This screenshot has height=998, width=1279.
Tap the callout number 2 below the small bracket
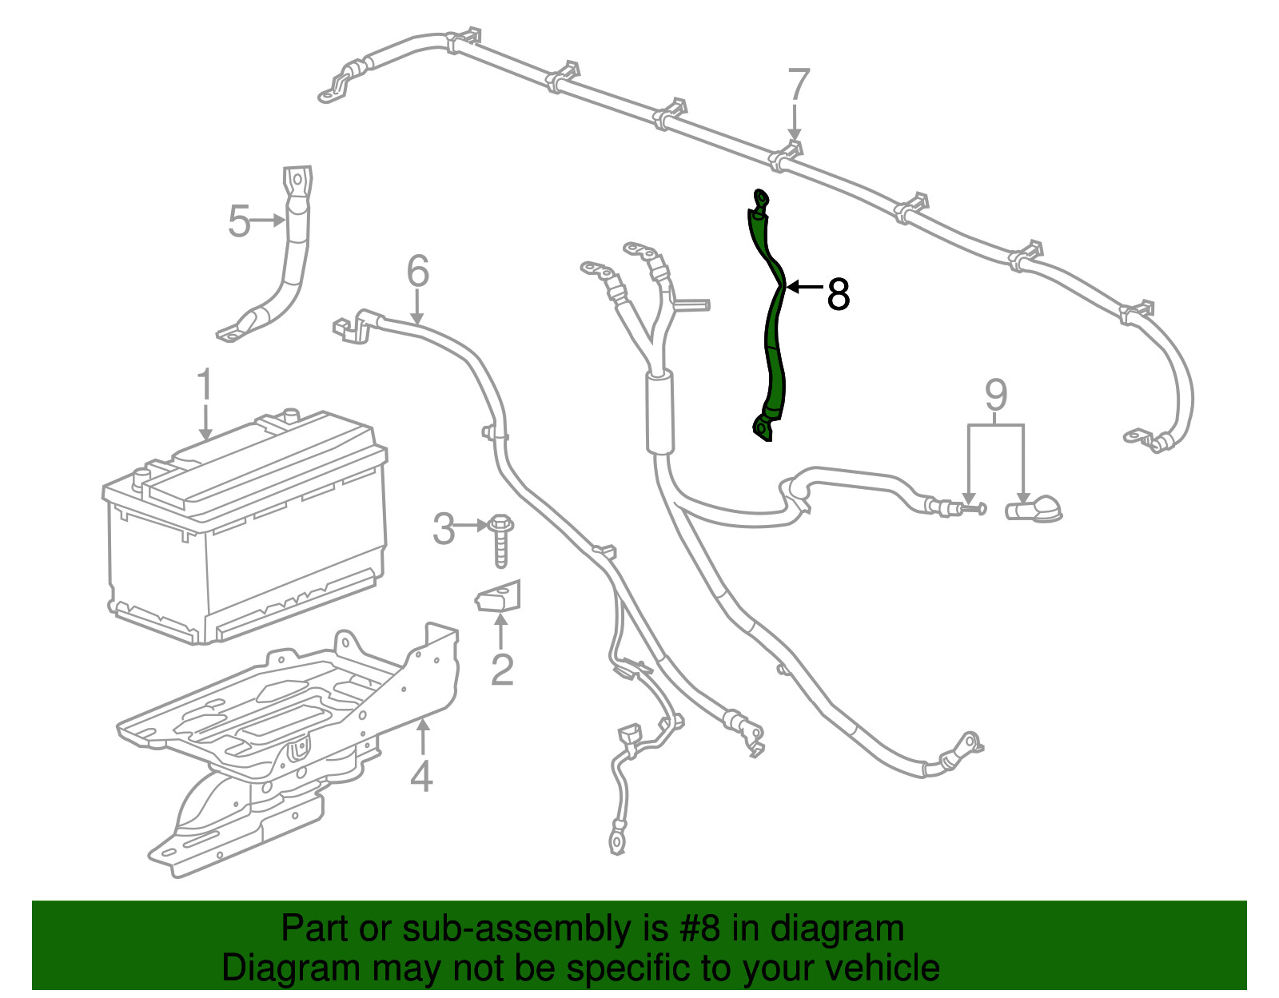click(x=501, y=670)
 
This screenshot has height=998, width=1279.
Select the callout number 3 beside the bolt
click(x=444, y=528)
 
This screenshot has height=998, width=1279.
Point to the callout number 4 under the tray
click(x=421, y=775)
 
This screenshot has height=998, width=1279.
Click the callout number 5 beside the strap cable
click(x=239, y=221)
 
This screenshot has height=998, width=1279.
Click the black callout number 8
click(x=838, y=294)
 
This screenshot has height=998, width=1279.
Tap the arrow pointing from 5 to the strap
click(x=268, y=220)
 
